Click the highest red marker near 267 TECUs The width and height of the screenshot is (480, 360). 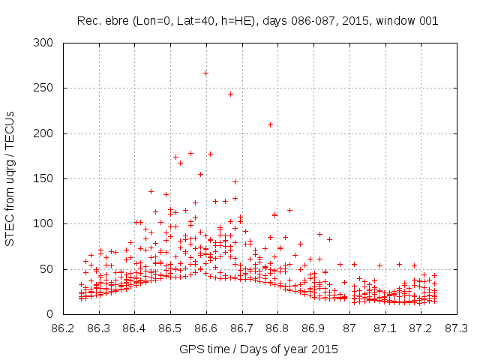coord(205,73)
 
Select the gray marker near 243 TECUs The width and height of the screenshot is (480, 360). coord(230,94)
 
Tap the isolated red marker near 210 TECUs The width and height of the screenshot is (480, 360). coord(270,124)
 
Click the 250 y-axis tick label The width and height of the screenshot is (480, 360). coord(46,88)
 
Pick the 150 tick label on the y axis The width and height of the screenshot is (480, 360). coord(46,178)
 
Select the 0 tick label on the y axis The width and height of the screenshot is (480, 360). coord(52,313)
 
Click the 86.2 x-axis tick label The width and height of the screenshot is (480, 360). coord(62,328)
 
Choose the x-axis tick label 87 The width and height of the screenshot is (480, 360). coord(349,328)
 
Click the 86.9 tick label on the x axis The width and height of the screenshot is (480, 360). coord(313,328)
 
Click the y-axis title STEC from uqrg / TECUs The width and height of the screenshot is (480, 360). coord(10,178)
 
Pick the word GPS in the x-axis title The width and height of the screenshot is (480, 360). coord(190,349)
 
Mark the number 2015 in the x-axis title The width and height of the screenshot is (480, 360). coord(324,349)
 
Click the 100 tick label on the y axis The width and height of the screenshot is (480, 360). coord(46,223)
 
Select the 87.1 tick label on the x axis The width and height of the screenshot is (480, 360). coord(385,328)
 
